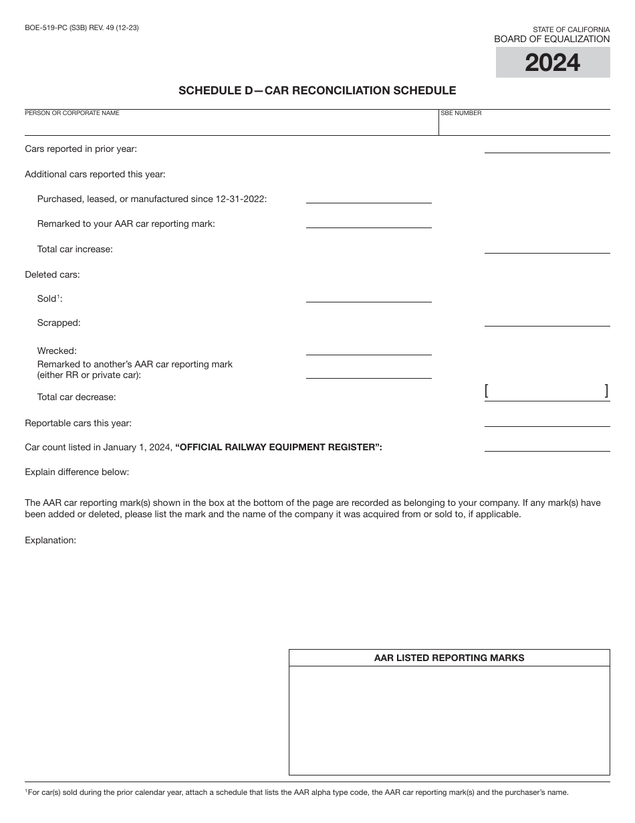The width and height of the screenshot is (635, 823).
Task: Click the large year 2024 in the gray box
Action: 552,63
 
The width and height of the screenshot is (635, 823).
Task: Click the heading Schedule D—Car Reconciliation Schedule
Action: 317,90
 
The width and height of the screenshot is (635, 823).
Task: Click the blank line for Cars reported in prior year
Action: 547,148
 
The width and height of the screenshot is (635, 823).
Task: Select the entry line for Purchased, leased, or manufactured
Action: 368,197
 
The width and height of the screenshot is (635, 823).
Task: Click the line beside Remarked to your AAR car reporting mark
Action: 368,223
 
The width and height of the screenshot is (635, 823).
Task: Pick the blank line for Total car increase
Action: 547,248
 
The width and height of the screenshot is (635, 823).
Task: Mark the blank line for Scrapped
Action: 547,321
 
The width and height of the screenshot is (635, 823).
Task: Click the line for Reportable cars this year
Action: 547,422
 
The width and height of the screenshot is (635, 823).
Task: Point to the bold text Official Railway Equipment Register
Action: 279,447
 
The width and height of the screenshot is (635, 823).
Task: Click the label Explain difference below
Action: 77,472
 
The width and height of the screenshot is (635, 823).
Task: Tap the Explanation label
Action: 51,540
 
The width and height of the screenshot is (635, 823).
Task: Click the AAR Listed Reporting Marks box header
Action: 449,658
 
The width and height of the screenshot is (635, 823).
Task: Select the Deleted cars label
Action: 52,274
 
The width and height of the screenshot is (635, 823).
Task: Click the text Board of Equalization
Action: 551,39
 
